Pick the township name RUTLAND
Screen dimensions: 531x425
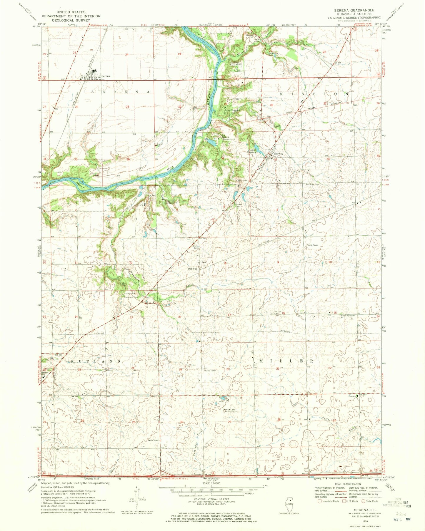[x=96, y=361]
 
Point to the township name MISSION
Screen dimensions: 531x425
[x=314, y=94]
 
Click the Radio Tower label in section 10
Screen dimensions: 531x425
[x=312, y=245]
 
